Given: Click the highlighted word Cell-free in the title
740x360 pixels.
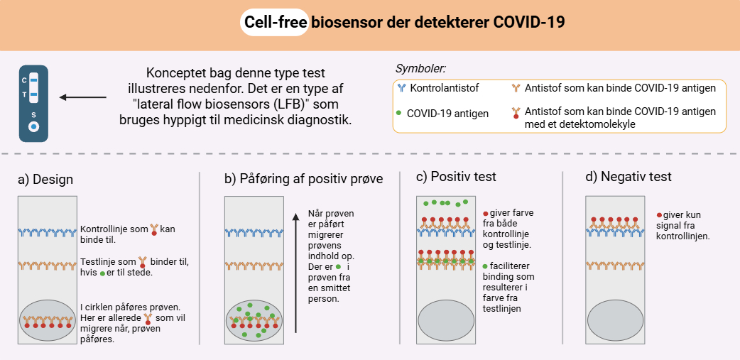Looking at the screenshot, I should (x=275, y=22).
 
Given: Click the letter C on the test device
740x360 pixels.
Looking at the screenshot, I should (x=24, y=80).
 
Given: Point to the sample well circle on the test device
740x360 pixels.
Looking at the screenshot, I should (x=33, y=127).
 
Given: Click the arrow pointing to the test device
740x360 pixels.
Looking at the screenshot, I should (x=84, y=97).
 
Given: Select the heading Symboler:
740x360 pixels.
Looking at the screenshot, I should (x=420, y=70).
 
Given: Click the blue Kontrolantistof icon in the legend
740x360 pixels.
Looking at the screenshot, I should (x=401, y=88).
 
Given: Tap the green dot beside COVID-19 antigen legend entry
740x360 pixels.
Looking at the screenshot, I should (x=399, y=113).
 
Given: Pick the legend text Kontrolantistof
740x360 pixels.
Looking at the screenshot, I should (x=445, y=88).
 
